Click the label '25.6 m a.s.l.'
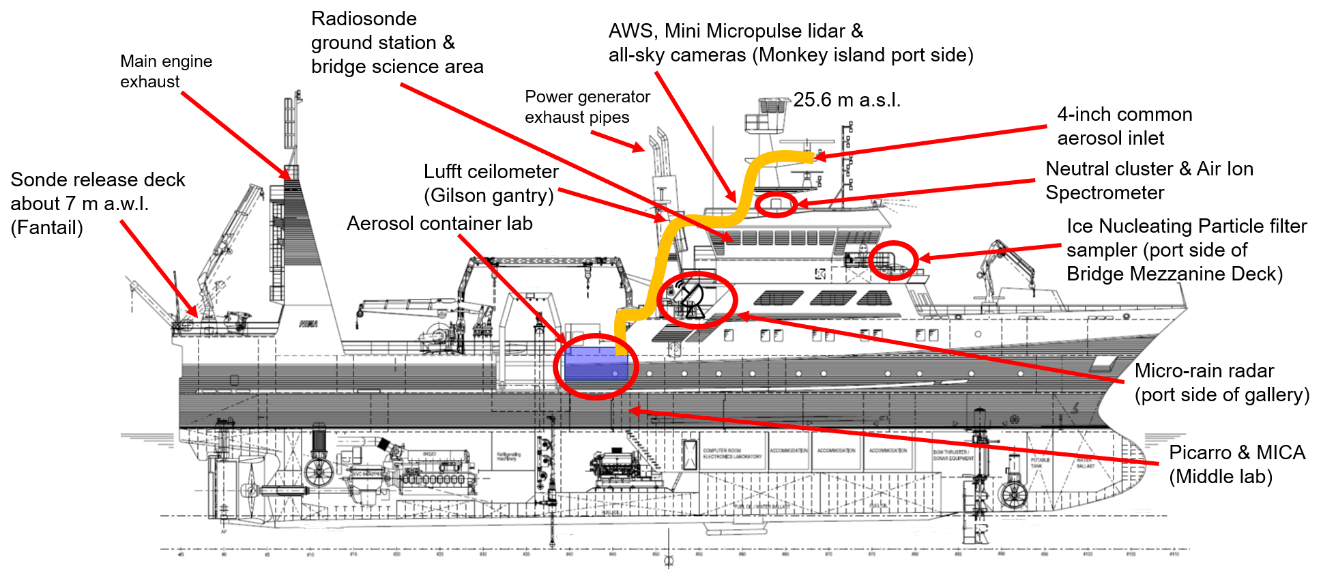pos(847,100)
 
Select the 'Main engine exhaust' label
pos(166,71)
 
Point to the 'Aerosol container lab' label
pos(439,224)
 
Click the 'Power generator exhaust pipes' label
pos(587,106)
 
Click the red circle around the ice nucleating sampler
pos(892,260)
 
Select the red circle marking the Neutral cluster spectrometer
pos(776,204)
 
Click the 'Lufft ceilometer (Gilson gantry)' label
pos(491,183)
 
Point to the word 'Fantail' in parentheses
pos(46,228)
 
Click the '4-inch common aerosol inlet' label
pos(1124,126)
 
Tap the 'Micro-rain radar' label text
pos(1204,371)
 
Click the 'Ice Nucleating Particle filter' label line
pos(1187,227)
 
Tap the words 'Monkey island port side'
pos(862,55)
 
